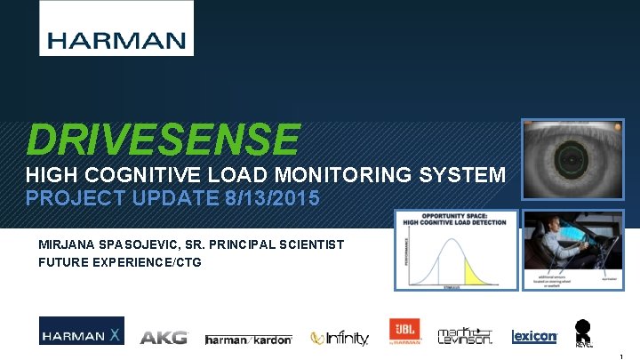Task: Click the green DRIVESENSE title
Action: click(163, 140)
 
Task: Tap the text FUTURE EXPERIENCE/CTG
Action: click(120, 261)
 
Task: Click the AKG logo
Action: click(164, 337)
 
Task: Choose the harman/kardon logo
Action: click(250, 339)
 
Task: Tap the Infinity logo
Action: click(340, 338)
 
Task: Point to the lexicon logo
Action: click(534, 337)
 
